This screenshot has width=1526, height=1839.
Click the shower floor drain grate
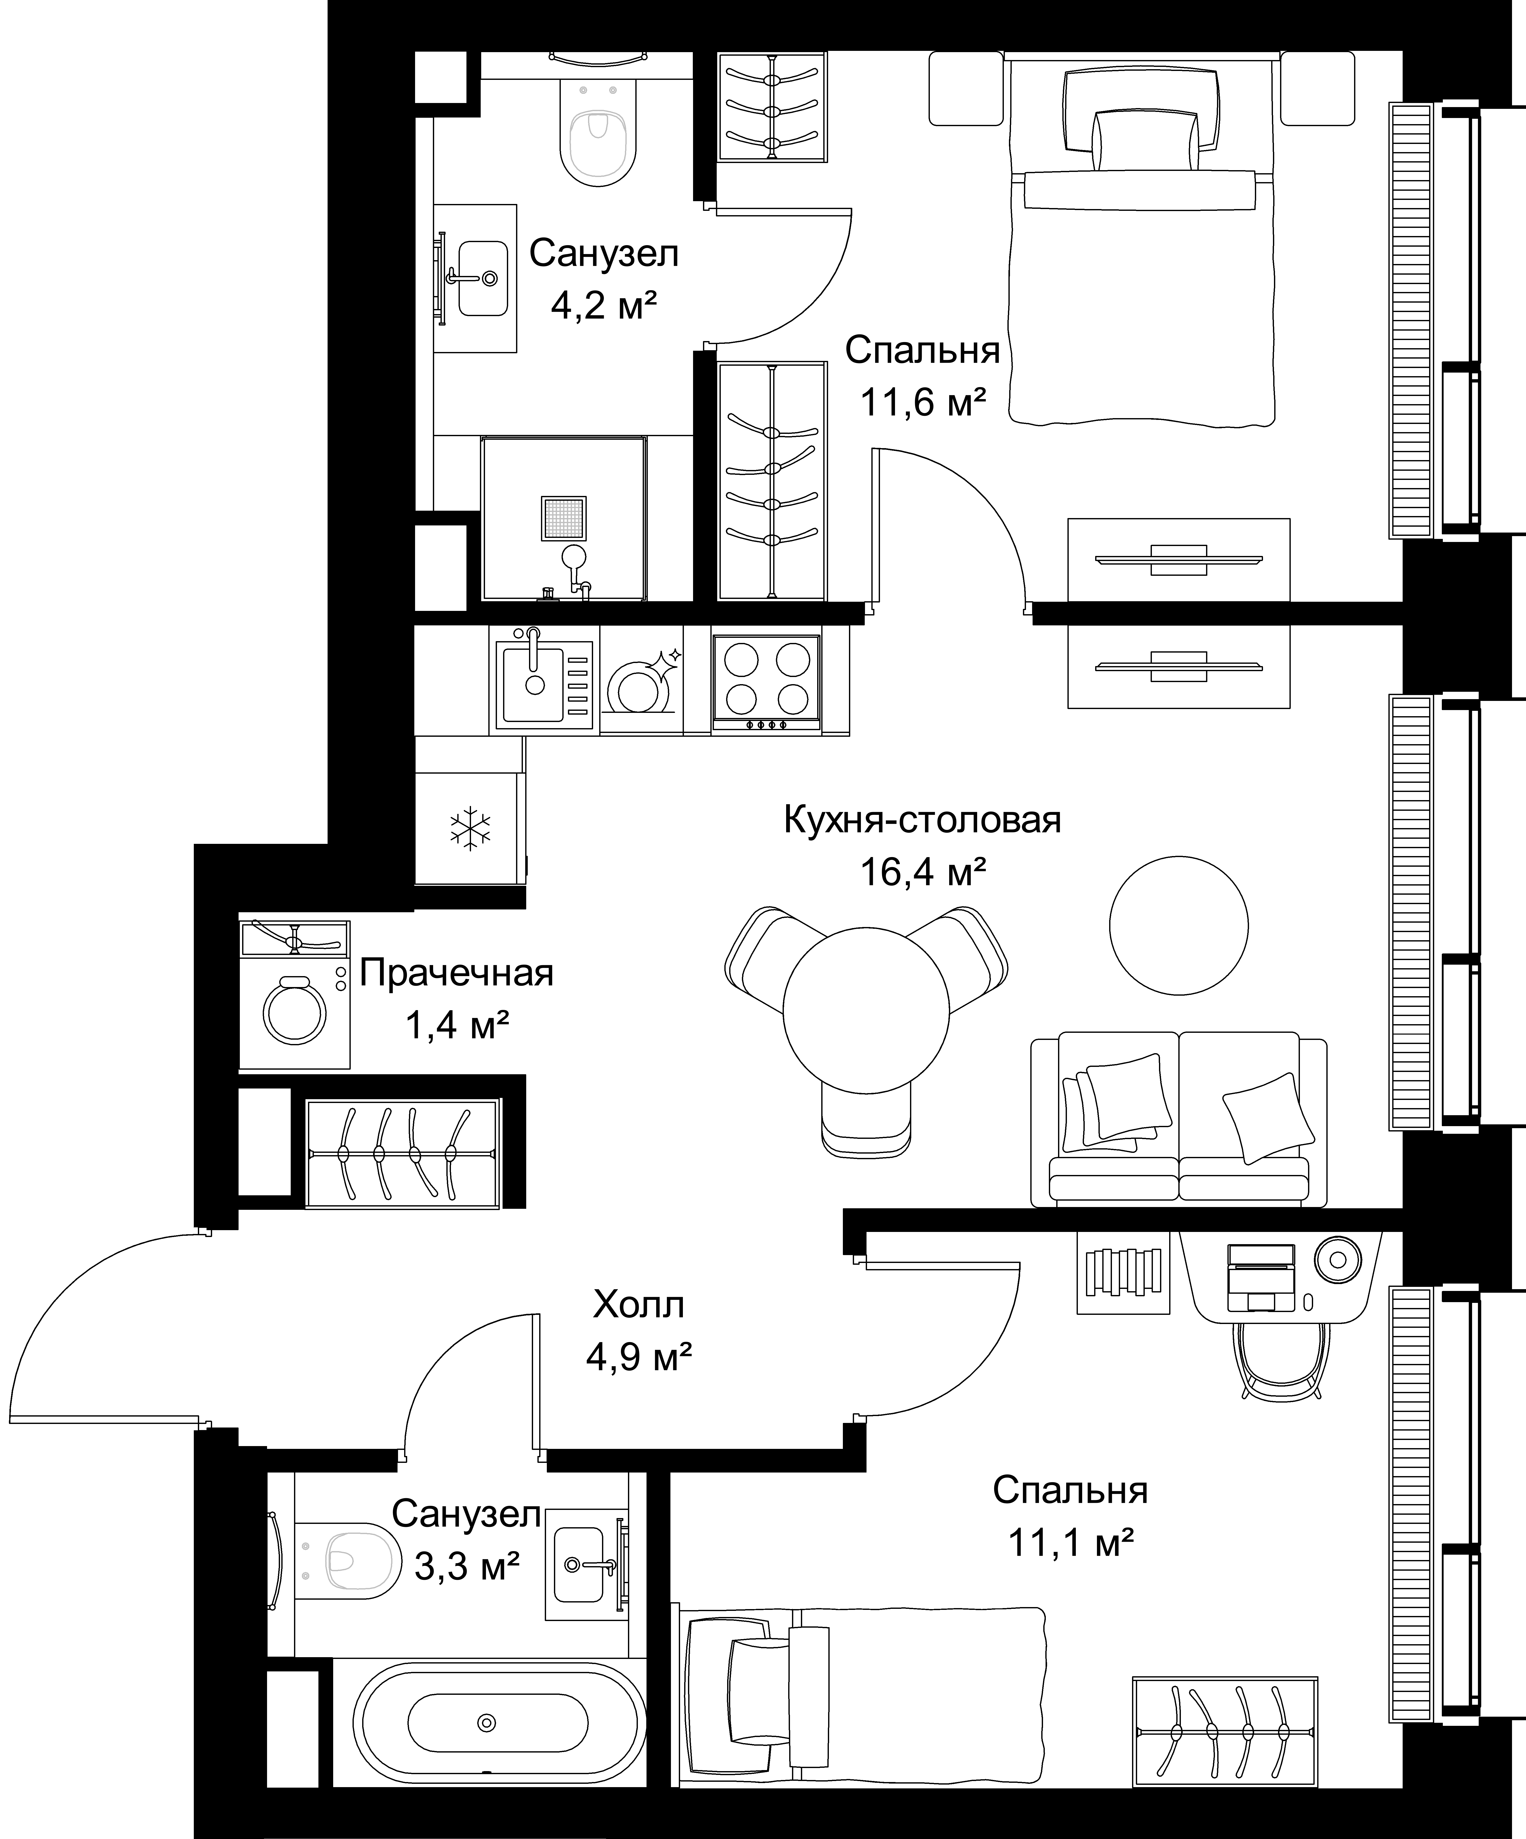[x=563, y=518]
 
